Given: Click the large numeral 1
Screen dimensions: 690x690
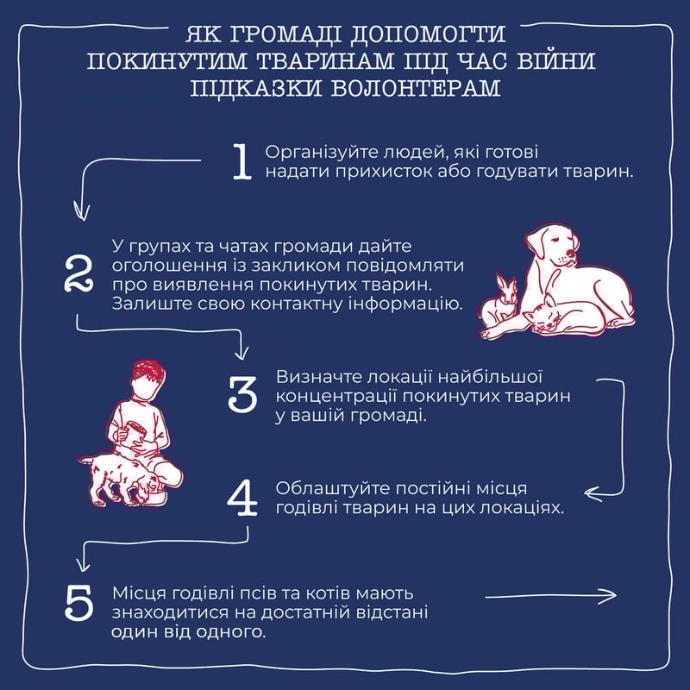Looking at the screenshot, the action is point(242,162).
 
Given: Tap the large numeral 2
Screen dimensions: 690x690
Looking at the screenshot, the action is point(78,274).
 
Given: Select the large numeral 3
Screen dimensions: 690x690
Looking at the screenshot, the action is point(242,394).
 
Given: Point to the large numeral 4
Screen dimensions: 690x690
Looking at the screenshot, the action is point(242,499).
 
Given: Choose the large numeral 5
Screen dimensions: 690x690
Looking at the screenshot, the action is point(78,602).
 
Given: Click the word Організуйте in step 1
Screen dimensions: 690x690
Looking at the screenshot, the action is point(322,153).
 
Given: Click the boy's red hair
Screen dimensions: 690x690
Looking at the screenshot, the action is point(148,373).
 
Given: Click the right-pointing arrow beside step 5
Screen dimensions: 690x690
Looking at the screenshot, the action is point(550,596).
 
